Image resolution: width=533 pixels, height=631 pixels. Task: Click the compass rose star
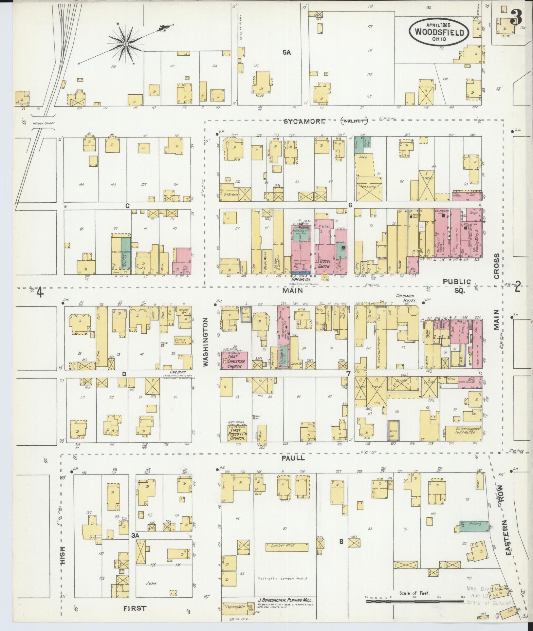tap(125, 44)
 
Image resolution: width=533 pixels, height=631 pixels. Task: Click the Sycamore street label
tap(304, 121)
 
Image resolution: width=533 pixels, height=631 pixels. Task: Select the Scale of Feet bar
tap(414, 601)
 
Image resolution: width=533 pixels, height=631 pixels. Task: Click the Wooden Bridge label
tap(44, 123)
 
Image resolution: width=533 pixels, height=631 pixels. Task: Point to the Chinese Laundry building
tap(180, 341)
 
